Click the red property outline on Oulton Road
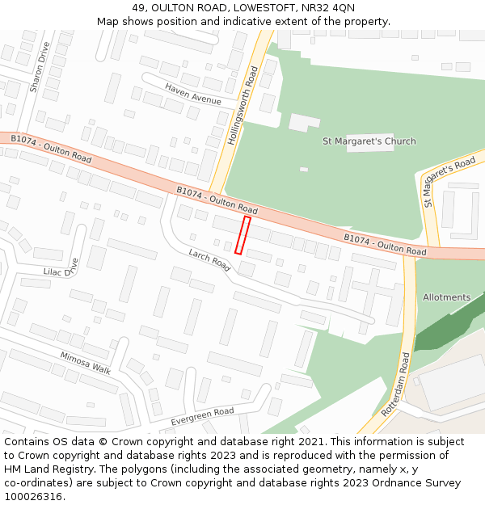pos(242,235)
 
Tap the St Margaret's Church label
pos(369,141)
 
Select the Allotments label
pos(446,297)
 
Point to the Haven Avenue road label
pos(193,94)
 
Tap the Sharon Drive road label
pos(38,66)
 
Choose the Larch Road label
pos(209,259)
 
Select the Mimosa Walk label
pos(85,363)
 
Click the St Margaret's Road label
pos(449,181)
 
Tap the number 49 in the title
pos(138,7)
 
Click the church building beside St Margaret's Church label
pos(304,123)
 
